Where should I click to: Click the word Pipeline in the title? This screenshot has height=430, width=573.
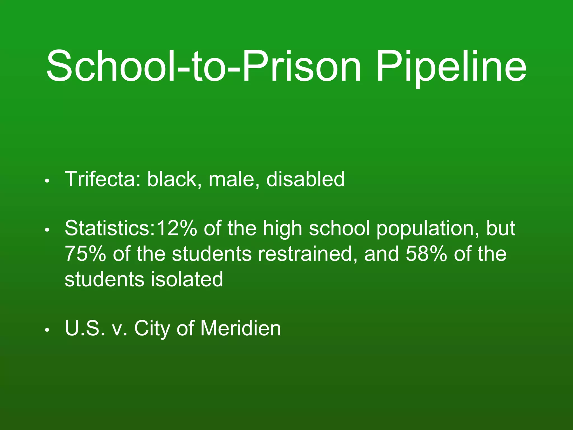(451, 67)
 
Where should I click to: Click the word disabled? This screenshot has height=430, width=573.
(305, 179)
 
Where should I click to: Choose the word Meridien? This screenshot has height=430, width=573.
(241, 328)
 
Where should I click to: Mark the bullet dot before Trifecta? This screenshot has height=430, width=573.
(47, 181)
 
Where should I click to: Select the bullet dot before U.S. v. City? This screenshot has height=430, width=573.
(47, 330)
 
